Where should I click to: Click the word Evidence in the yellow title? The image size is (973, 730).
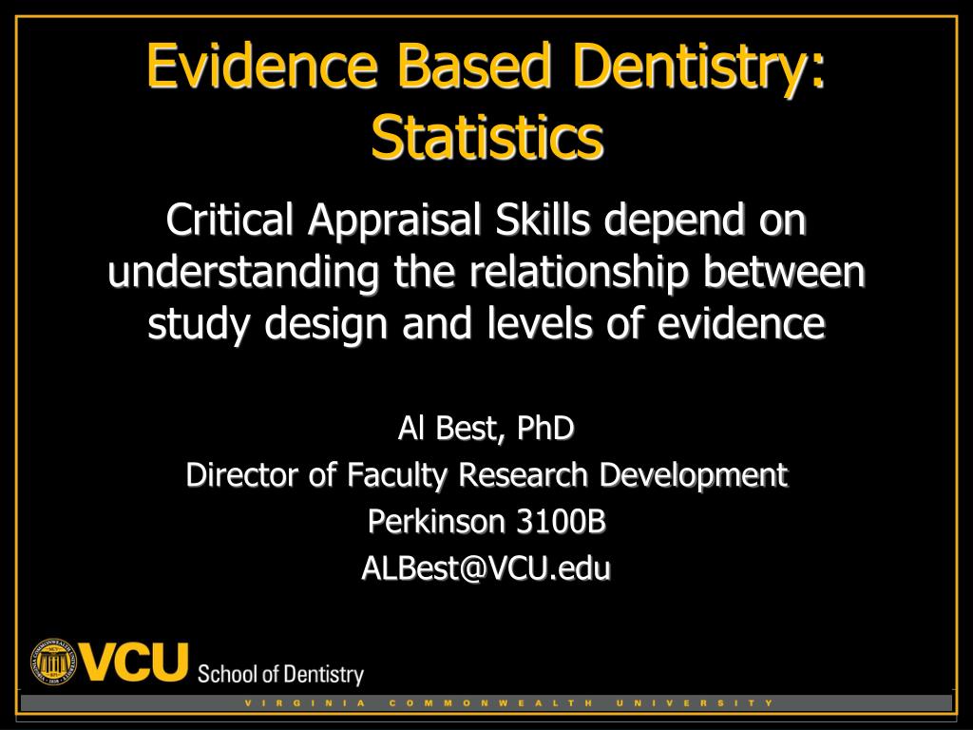(262, 65)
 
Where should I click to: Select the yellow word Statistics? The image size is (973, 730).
(486, 136)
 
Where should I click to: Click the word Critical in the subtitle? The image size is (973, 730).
(229, 220)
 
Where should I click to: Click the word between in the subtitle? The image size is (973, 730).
(783, 272)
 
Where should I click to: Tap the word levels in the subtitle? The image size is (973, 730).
(539, 323)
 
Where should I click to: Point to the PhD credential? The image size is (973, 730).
(544, 428)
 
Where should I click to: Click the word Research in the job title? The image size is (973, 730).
(523, 475)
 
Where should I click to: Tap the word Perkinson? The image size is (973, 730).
(435, 522)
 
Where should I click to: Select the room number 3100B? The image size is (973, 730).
(561, 522)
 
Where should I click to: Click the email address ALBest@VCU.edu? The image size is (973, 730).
(486, 568)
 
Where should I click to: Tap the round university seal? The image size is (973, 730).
(53, 662)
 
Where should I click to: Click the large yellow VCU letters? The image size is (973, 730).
(133, 663)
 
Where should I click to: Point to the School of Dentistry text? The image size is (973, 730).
(280, 675)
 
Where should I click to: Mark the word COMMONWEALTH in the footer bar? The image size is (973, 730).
(491, 703)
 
